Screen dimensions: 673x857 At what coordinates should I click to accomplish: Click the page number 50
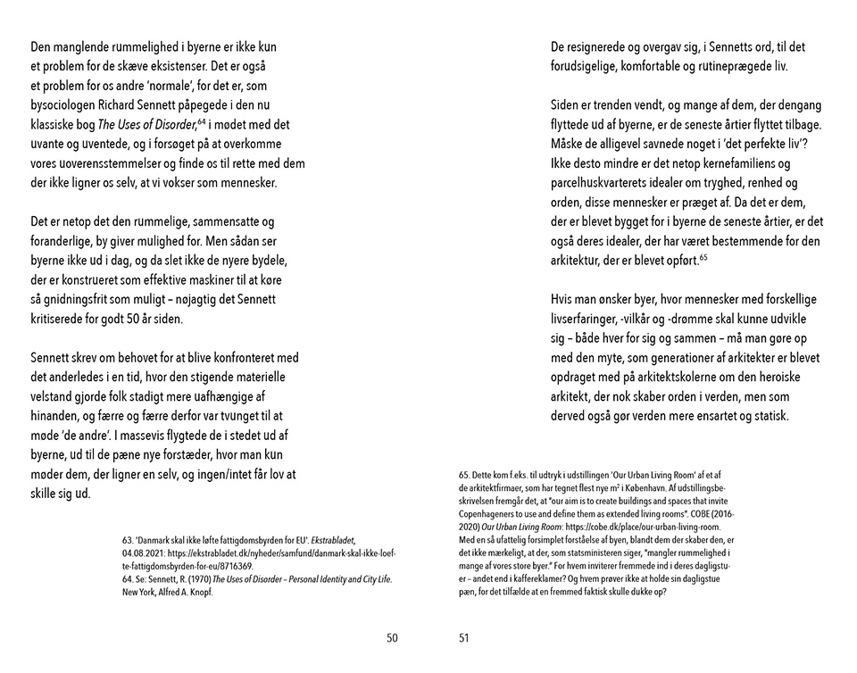pyautogui.click(x=392, y=637)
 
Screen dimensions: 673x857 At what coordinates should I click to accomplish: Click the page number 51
pyautogui.click(x=464, y=637)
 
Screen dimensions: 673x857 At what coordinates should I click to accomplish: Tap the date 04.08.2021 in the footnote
pyautogui.click(x=145, y=553)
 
